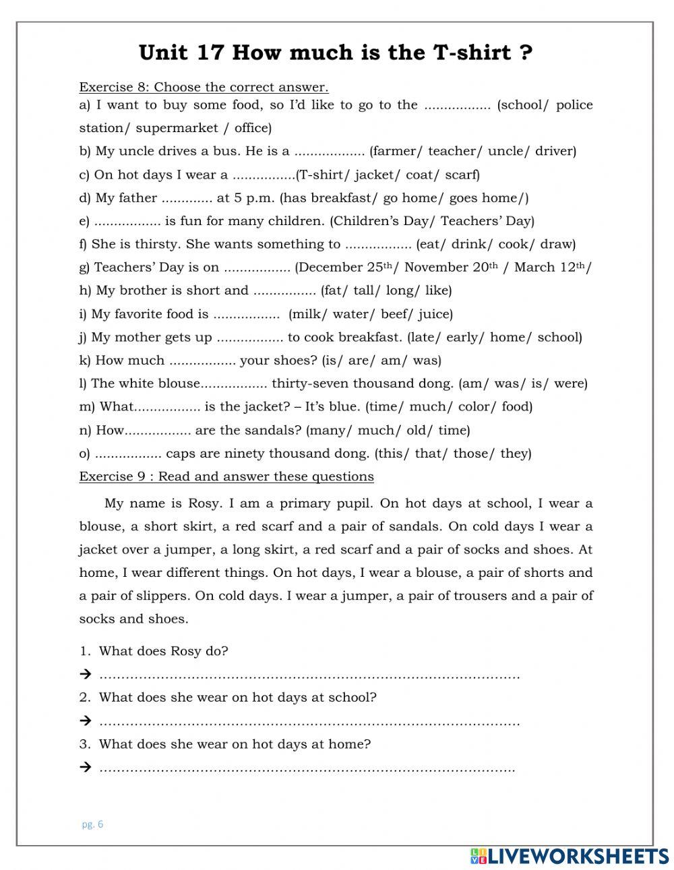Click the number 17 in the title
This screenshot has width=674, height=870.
point(206,52)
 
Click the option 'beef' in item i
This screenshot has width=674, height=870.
point(396,314)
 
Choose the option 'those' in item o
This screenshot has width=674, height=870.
point(472,453)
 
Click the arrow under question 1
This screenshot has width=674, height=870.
point(85,674)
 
